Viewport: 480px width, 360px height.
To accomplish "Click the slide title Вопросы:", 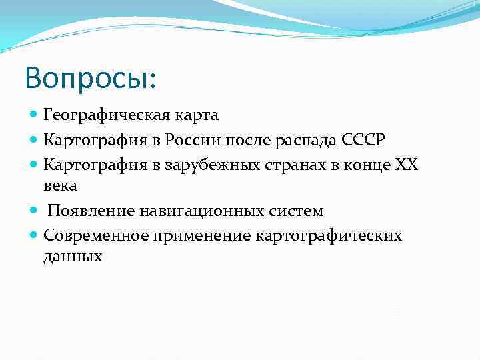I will [x=91, y=79].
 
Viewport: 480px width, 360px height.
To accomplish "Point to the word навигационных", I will [x=191, y=211].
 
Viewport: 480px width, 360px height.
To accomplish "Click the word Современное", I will [x=95, y=235].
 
